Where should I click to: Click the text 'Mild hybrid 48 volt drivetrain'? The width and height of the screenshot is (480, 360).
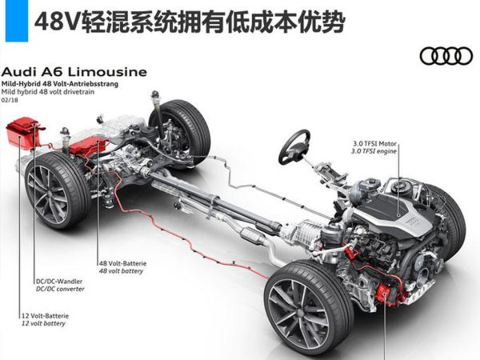click(45, 92)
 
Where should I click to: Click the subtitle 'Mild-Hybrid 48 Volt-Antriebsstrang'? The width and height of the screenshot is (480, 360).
click(48, 83)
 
